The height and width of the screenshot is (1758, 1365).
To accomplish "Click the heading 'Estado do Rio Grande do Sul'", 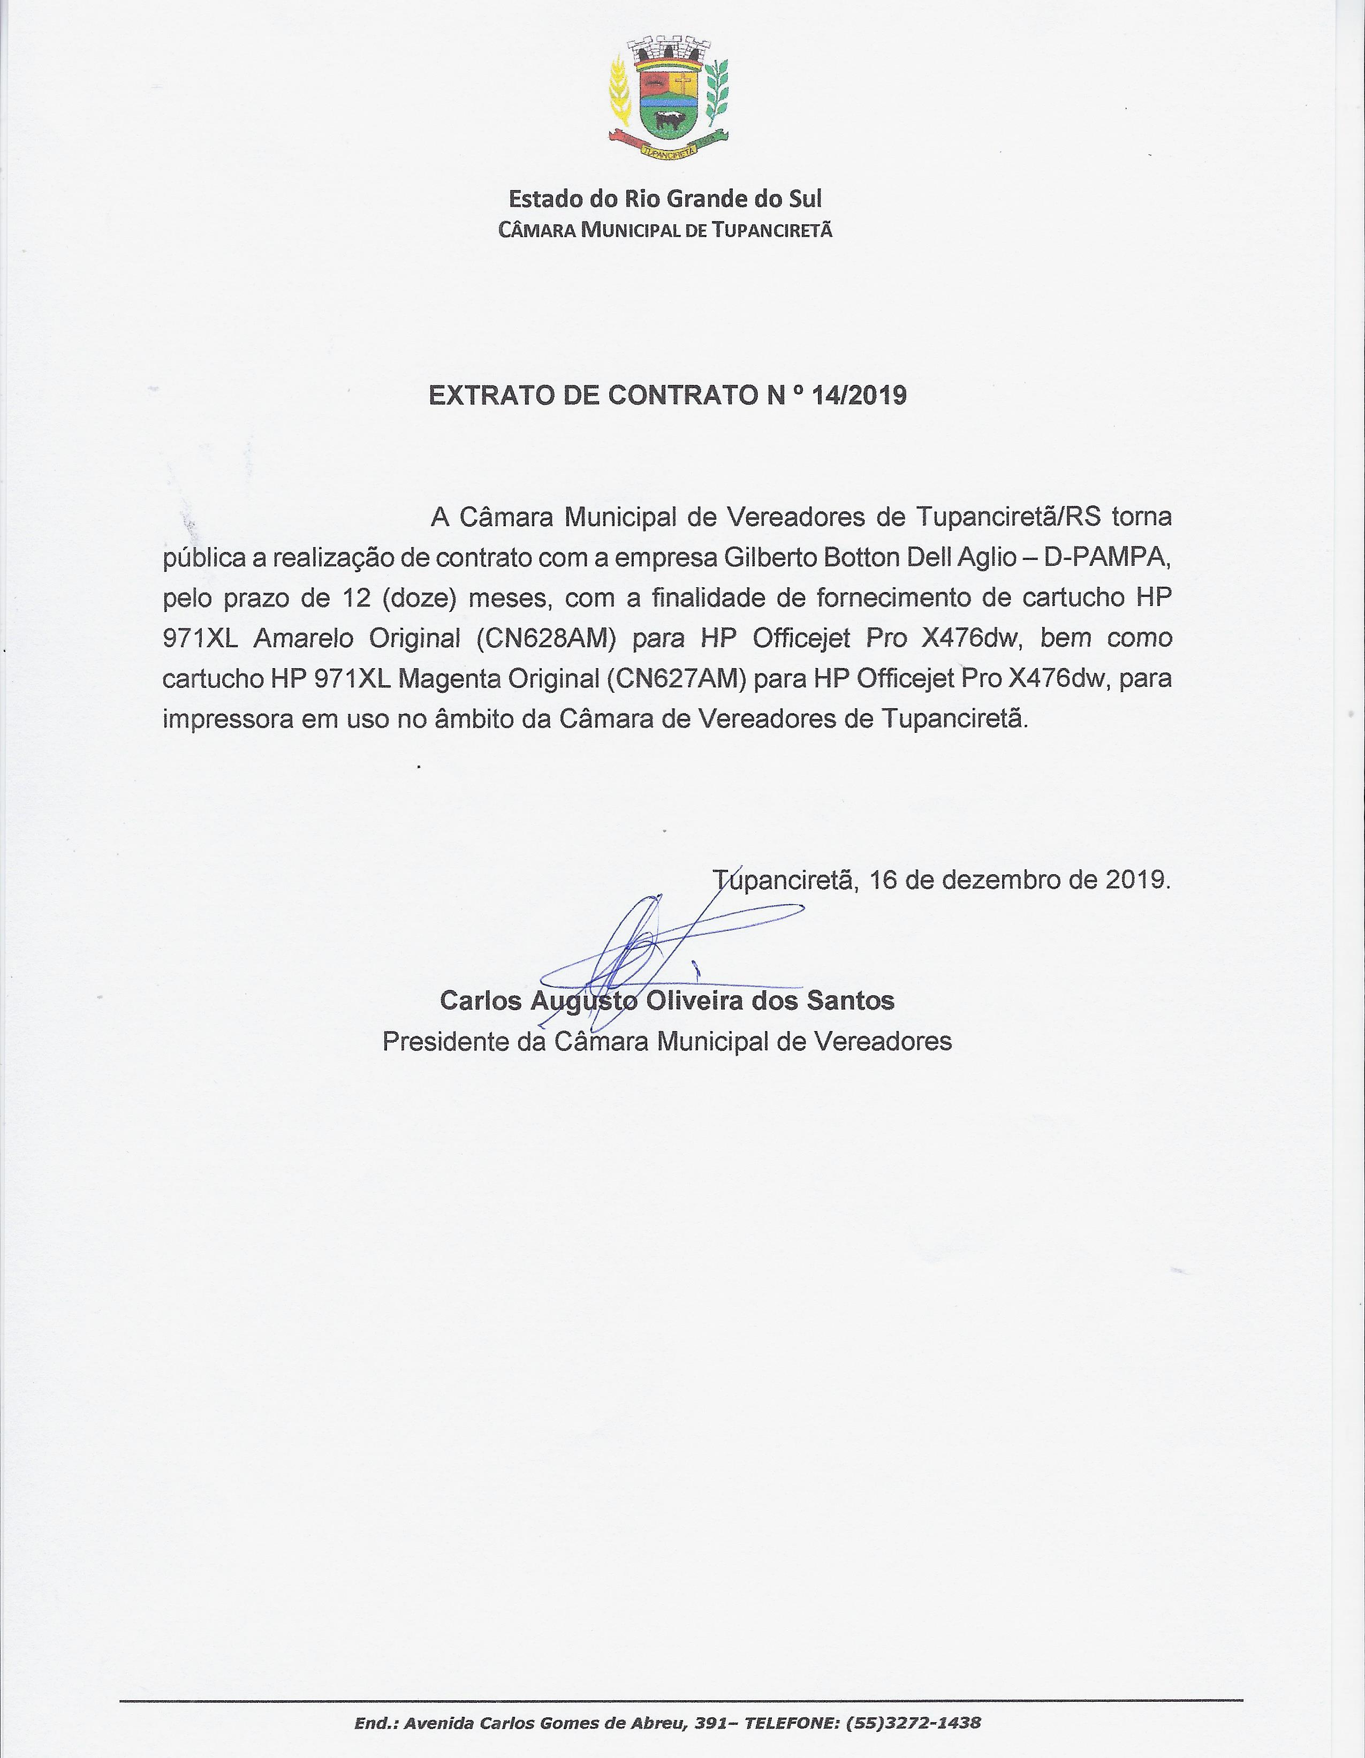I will click(x=665, y=199).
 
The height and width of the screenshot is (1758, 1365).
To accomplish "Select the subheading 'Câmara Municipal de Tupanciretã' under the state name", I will click(x=665, y=231).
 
